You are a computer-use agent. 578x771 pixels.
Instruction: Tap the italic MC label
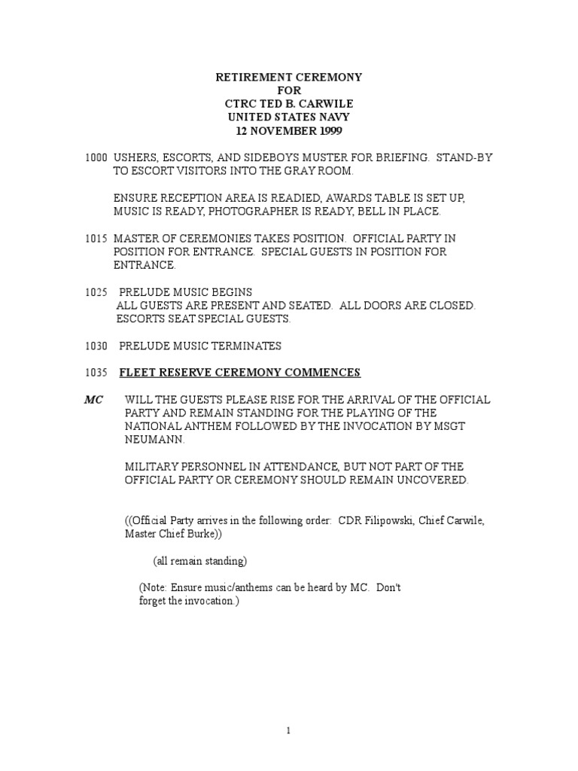[93, 400]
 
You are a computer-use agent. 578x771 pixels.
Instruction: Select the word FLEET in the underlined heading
[138, 373]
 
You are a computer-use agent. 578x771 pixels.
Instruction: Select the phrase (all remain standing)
[199, 562]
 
